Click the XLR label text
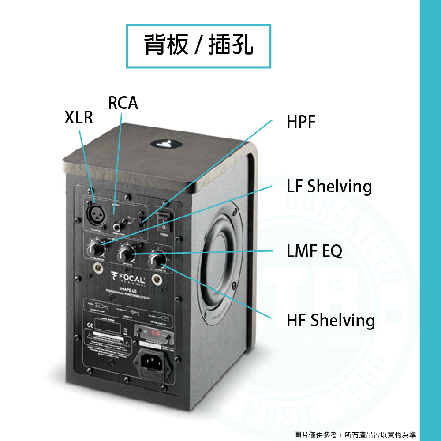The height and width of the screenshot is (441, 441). click(78, 118)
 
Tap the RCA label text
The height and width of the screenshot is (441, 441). click(123, 103)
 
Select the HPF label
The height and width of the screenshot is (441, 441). click(301, 122)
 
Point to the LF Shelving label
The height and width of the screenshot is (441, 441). click(329, 187)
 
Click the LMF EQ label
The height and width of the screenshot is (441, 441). click(314, 251)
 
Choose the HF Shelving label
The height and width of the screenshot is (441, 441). click(330, 320)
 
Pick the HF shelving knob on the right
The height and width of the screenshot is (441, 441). click(157, 259)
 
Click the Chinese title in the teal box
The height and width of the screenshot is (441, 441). click(198, 46)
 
